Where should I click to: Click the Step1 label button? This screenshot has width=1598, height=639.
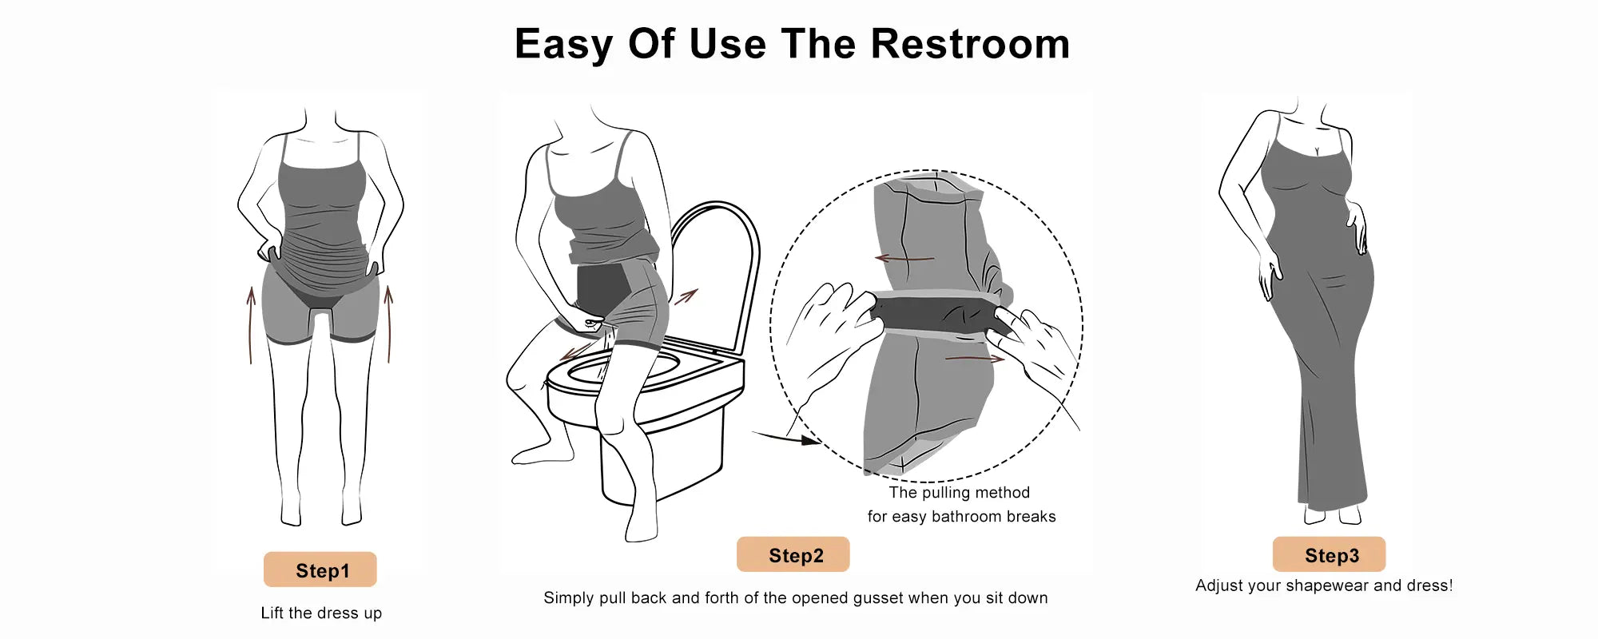(320, 570)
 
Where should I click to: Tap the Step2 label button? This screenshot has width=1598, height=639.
(793, 554)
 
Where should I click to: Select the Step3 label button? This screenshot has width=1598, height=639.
(1330, 554)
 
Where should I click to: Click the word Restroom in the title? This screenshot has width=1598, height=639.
(970, 44)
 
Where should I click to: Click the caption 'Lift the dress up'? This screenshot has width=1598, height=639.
(321, 613)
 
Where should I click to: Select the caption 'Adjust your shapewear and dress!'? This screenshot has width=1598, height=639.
(1324, 585)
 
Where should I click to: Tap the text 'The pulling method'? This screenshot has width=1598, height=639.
(960, 492)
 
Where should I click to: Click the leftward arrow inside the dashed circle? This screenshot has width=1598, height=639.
(904, 259)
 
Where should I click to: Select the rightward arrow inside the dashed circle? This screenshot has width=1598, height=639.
(975, 359)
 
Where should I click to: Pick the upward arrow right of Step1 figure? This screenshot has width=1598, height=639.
(389, 324)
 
